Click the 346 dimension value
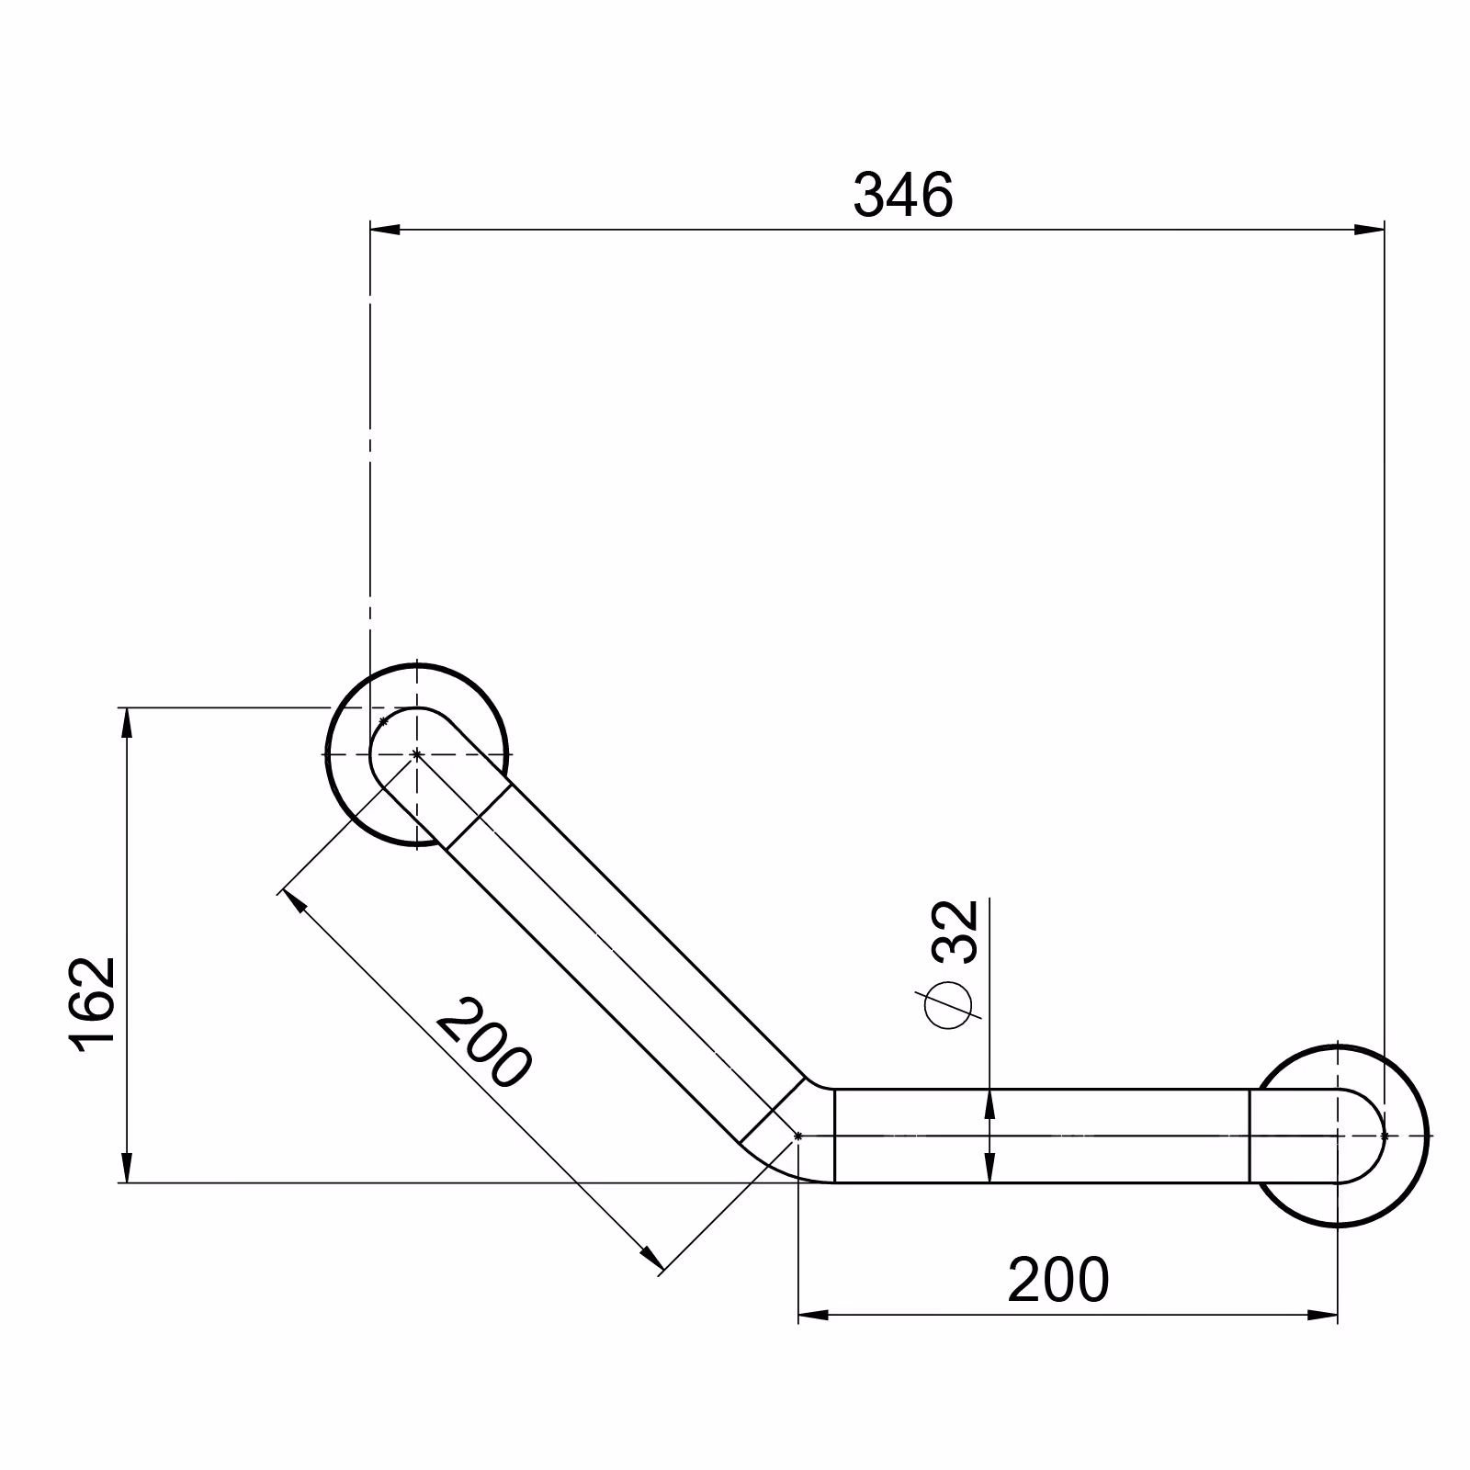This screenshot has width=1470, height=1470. (904, 195)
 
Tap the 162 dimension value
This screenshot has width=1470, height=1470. (92, 1004)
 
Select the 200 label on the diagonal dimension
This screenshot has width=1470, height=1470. (482, 1043)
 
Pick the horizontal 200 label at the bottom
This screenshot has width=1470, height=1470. (1058, 1280)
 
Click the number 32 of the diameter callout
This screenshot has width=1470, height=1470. (956, 931)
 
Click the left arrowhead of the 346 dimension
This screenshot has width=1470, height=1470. (385, 230)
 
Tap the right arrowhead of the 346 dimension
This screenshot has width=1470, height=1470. (1369, 230)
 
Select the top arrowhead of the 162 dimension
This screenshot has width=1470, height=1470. (127, 722)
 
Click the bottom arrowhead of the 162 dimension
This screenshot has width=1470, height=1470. (127, 1168)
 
